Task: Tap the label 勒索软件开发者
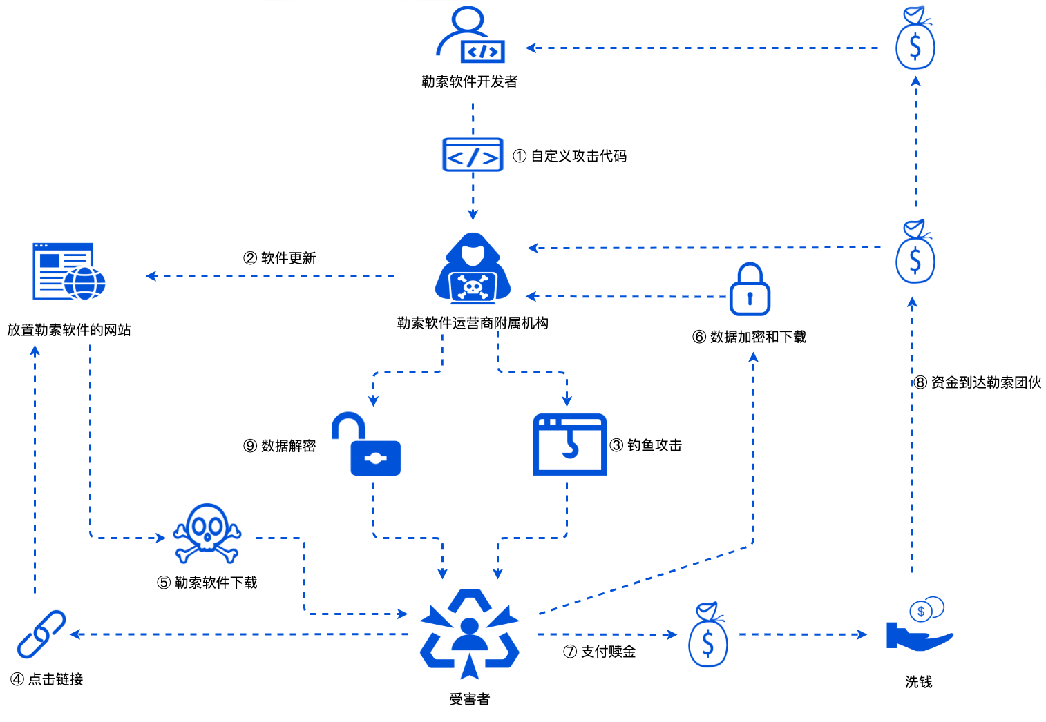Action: (470, 81)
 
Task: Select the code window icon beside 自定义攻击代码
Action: (473, 155)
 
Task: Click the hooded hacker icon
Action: (473, 269)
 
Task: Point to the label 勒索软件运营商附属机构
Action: (473, 323)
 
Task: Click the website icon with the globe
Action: (68, 271)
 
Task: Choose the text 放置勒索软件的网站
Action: (69, 330)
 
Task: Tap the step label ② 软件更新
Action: (280, 258)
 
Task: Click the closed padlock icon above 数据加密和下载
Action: (750, 290)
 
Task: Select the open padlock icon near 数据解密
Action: (366, 445)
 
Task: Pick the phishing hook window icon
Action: (569, 445)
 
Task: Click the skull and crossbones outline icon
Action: (207, 533)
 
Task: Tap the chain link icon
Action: (41, 634)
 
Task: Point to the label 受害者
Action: (470, 699)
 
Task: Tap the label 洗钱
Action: (919, 682)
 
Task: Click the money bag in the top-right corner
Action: (915, 39)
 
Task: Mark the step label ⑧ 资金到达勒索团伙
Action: (978, 382)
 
